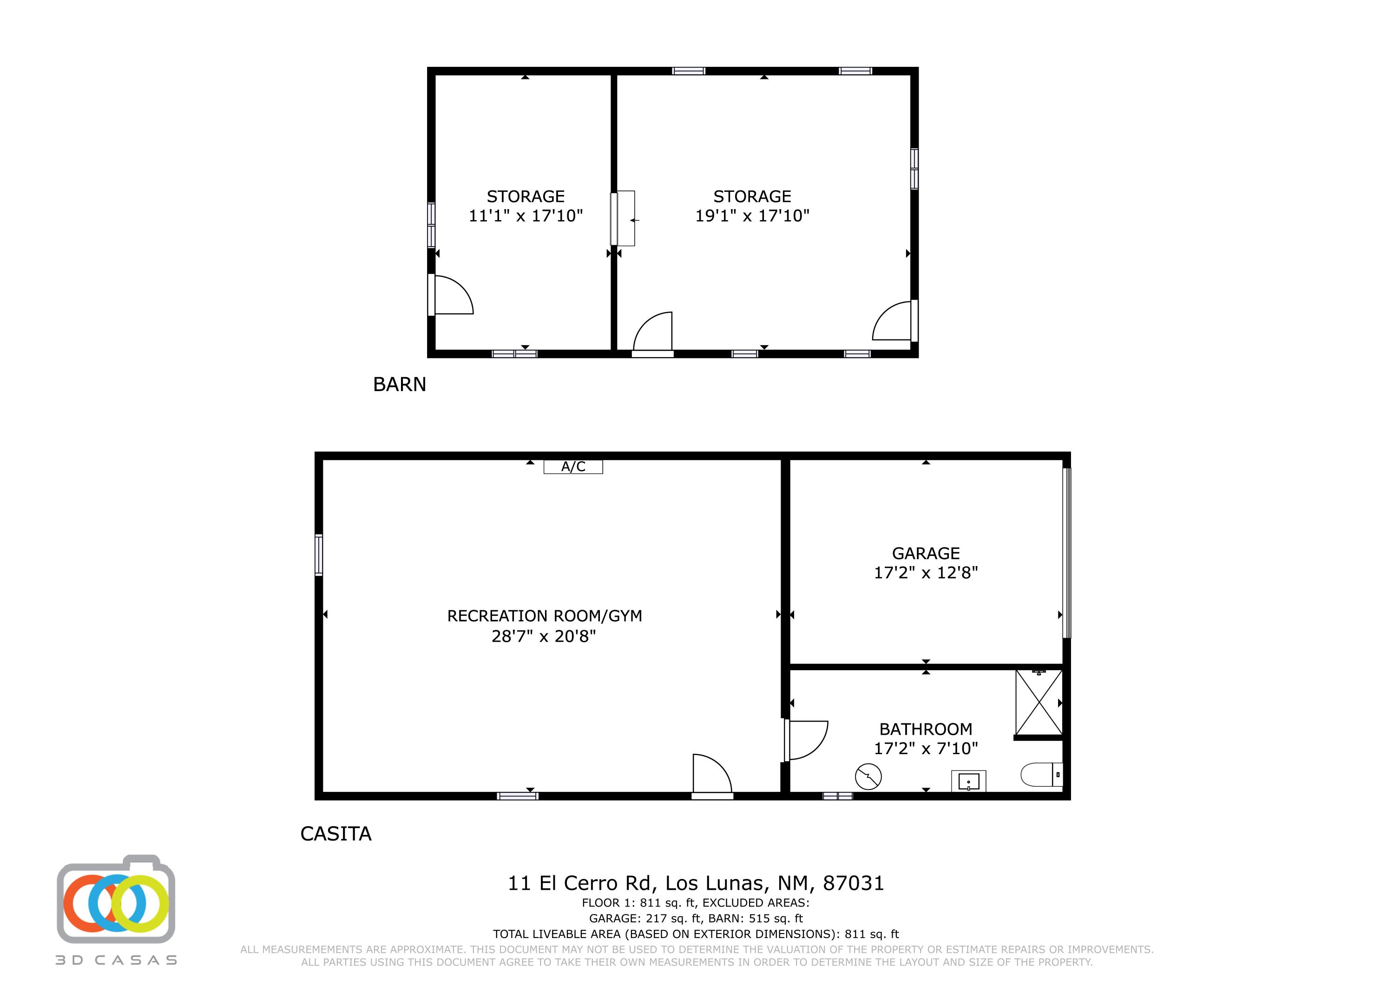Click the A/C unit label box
tap(572, 466)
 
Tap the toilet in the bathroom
tap(1041, 775)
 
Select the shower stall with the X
tap(1039, 702)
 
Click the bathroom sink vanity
tap(968, 781)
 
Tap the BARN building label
tap(400, 384)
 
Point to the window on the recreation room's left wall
tap(318, 554)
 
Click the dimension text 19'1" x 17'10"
tap(752, 215)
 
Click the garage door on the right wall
tap(1067, 552)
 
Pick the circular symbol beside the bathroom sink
tap(868, 776)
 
